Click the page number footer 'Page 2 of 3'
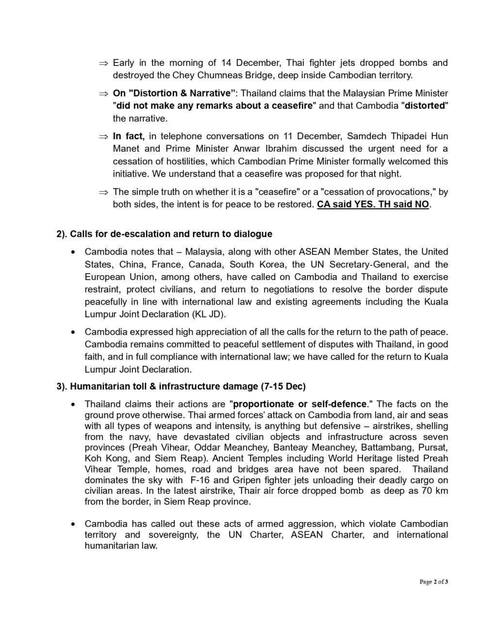tap(433, 582)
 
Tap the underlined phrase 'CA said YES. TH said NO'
tap(373, 204)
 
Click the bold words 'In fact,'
tap(129, 136)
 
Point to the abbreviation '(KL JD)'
tap(209, 314)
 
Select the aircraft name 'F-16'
tap(198, 480)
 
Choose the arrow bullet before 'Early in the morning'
tap(103, 63)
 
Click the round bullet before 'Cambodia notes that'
tap(73, 252)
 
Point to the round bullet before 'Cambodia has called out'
tap(73, 524)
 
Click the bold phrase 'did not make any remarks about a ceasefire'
tap(215, 106)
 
